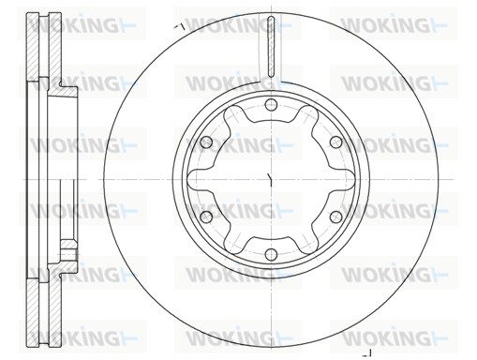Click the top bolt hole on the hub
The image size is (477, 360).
271,105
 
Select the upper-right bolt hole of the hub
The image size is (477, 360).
336,142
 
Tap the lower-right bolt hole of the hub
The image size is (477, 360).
336,217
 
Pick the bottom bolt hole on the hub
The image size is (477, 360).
271,254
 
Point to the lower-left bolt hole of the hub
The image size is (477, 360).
206,217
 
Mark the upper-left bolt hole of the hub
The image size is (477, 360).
206,142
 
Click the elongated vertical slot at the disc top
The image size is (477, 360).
271,46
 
